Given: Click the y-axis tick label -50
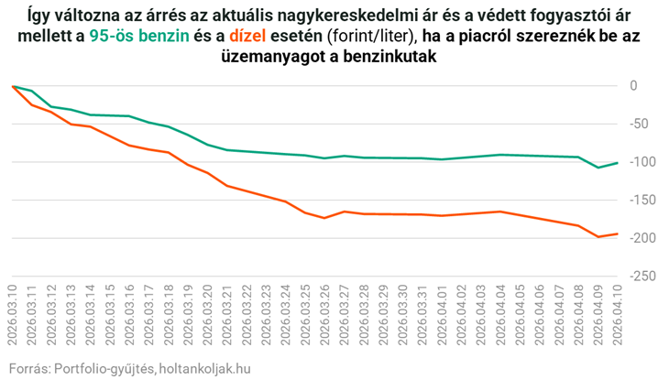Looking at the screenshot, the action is (640, 125).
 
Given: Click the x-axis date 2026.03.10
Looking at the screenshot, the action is (12, 315).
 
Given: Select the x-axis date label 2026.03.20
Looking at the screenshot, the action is (207, 315).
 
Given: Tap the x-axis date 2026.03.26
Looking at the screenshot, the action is (324, 315).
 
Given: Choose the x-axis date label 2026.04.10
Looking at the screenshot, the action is (617, 315).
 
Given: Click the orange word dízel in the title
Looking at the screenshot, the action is (247, 36).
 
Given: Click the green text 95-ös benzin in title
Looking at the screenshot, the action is (139, 36).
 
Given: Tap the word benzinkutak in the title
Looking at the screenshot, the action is (389, 57).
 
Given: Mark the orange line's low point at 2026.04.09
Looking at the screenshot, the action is (598, 237).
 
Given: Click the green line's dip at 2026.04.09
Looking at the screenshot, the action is (598, 168).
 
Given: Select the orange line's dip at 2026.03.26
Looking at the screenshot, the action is (324, 218).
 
